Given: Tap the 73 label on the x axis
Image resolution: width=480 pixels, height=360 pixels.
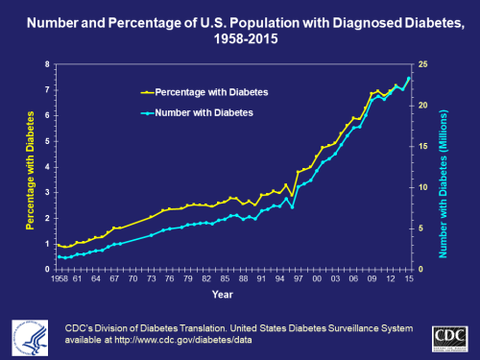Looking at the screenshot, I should click(151, 279).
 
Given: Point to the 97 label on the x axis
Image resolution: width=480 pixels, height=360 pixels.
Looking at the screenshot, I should click(298, 279).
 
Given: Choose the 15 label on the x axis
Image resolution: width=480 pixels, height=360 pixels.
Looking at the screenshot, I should click(409, 279).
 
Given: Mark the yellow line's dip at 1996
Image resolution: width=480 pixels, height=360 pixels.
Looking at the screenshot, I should click(292, 195).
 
